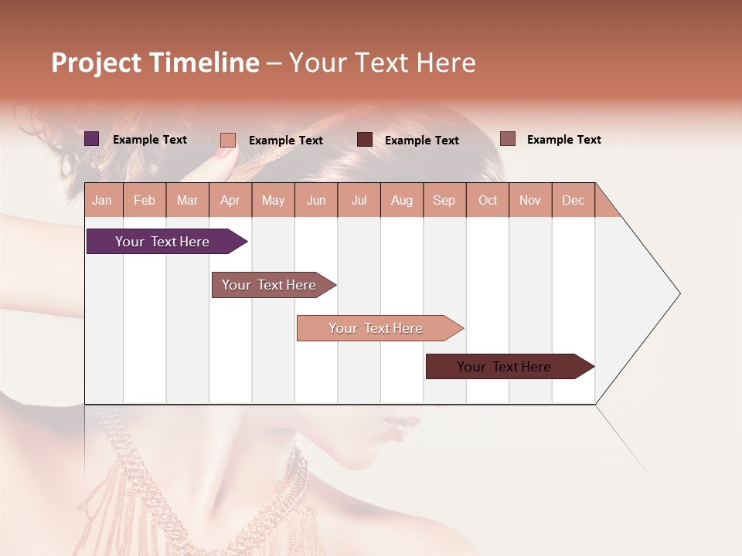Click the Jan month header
click(103, 200)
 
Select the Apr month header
click(230, 200)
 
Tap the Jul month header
click(359, 200)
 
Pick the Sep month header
click(444, 200)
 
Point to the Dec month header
click(573, 200)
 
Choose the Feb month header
click(145, 200)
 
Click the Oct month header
click(488, 200)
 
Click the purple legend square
click(92, 139)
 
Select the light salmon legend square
click(228, 140)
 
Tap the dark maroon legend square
click(365, 140)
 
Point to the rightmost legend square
click(508, 139)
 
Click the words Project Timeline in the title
click(155, 63)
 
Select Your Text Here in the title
click(382, 63)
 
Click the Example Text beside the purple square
click(150, 140)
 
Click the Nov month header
click(530, 200)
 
